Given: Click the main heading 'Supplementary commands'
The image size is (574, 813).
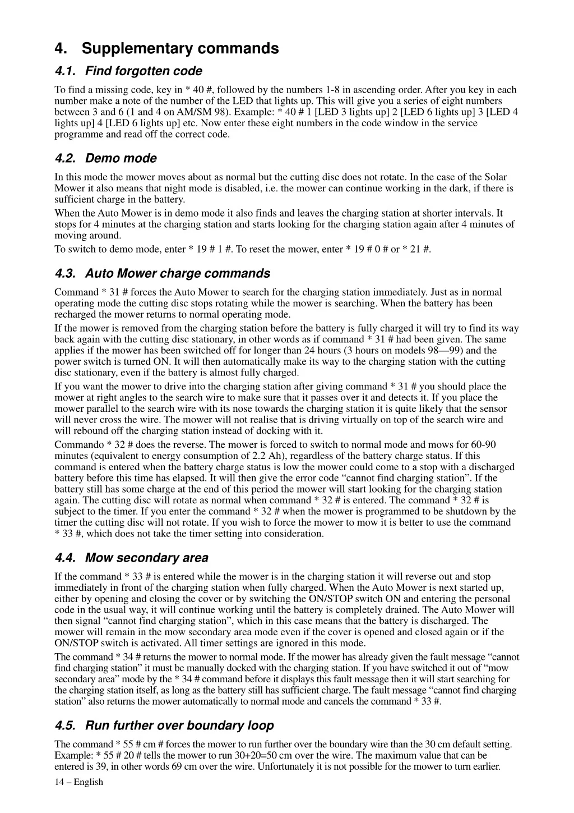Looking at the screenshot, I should point(180,48).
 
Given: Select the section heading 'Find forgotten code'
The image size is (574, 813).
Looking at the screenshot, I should point(143,71).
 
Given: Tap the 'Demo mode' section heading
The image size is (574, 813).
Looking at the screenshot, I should point(121,158).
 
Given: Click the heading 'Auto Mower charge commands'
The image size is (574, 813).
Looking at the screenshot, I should point(177,274).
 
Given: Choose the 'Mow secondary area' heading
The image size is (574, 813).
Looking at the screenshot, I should point(146,558).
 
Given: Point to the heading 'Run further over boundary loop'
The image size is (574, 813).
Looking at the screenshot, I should point(179,725).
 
